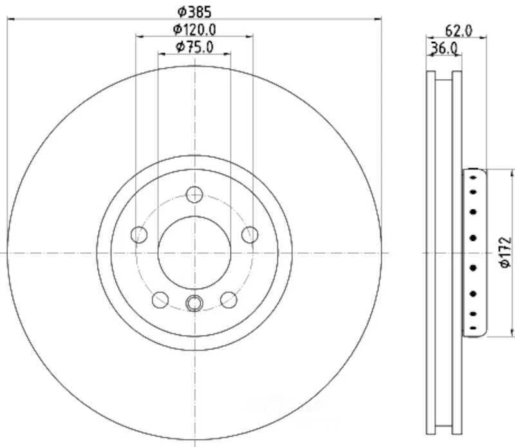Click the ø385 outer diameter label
(194, 11)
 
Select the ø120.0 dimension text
(194, 28)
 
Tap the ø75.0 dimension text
(194, 46)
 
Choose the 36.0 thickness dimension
(444, 48)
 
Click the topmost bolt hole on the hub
(194, 194)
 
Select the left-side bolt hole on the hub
(138, 234)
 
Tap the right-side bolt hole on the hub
(250, 234)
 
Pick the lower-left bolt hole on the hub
(160, 299)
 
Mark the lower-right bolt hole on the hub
(229, 299)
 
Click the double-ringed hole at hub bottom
(194, 302)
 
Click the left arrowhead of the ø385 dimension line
(10, 19)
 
